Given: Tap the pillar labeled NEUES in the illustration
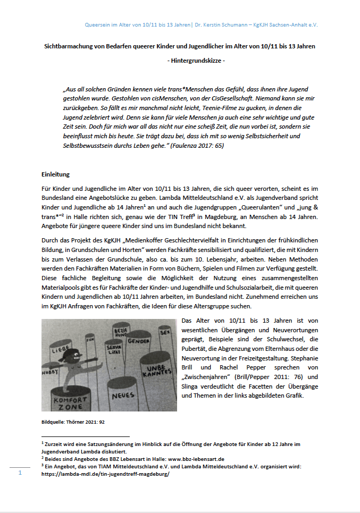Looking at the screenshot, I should (x=123, y=396).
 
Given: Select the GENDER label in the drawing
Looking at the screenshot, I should (x=137, y=340).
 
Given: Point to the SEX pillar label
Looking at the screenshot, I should (x=164, y=332).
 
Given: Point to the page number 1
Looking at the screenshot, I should (x=20, y=472).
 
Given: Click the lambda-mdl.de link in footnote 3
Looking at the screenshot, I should (x=105, y=474).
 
